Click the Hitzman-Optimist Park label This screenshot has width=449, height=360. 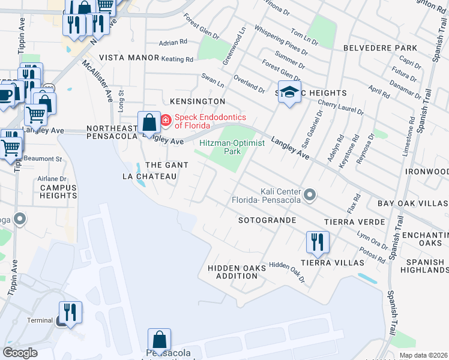tap(220, 148)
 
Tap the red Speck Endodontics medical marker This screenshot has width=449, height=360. tap(165, 122)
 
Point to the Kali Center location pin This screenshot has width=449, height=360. tap(310, 195)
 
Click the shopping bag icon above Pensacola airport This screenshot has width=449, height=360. tap(159, 340)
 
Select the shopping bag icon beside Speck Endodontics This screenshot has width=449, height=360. tap(148, 123)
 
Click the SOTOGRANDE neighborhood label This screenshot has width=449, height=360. tap(267, 221)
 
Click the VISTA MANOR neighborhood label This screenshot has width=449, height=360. tap(128, 58)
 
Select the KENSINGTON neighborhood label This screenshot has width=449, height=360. tap(197, 102)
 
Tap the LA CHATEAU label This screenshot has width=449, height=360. tap(149, 176)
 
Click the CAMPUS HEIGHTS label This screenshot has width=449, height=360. tap(58, 191)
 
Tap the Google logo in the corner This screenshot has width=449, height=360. tap(20, 352)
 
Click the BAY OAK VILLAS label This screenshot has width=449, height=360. tap(413, 204)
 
